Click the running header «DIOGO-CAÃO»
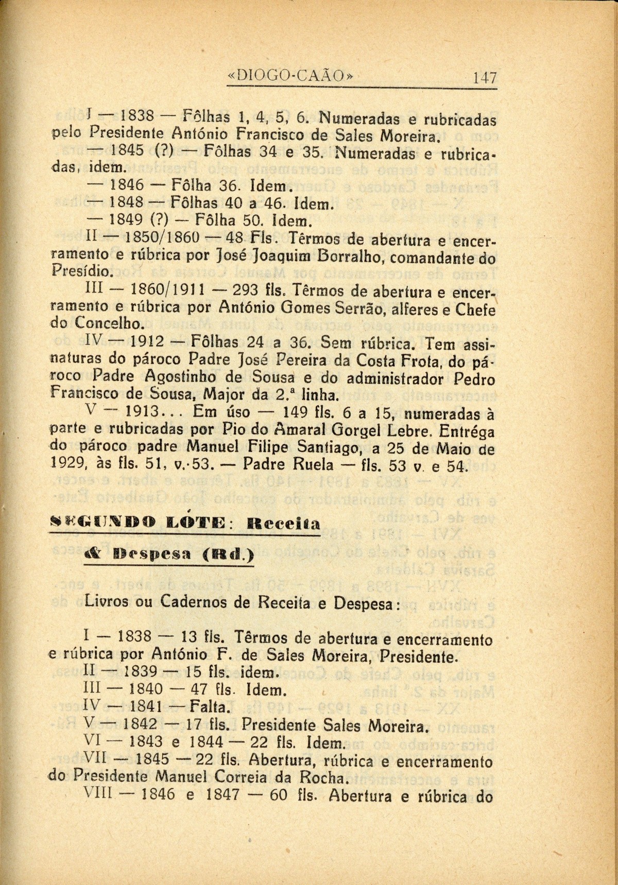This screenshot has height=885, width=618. point(291,76)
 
